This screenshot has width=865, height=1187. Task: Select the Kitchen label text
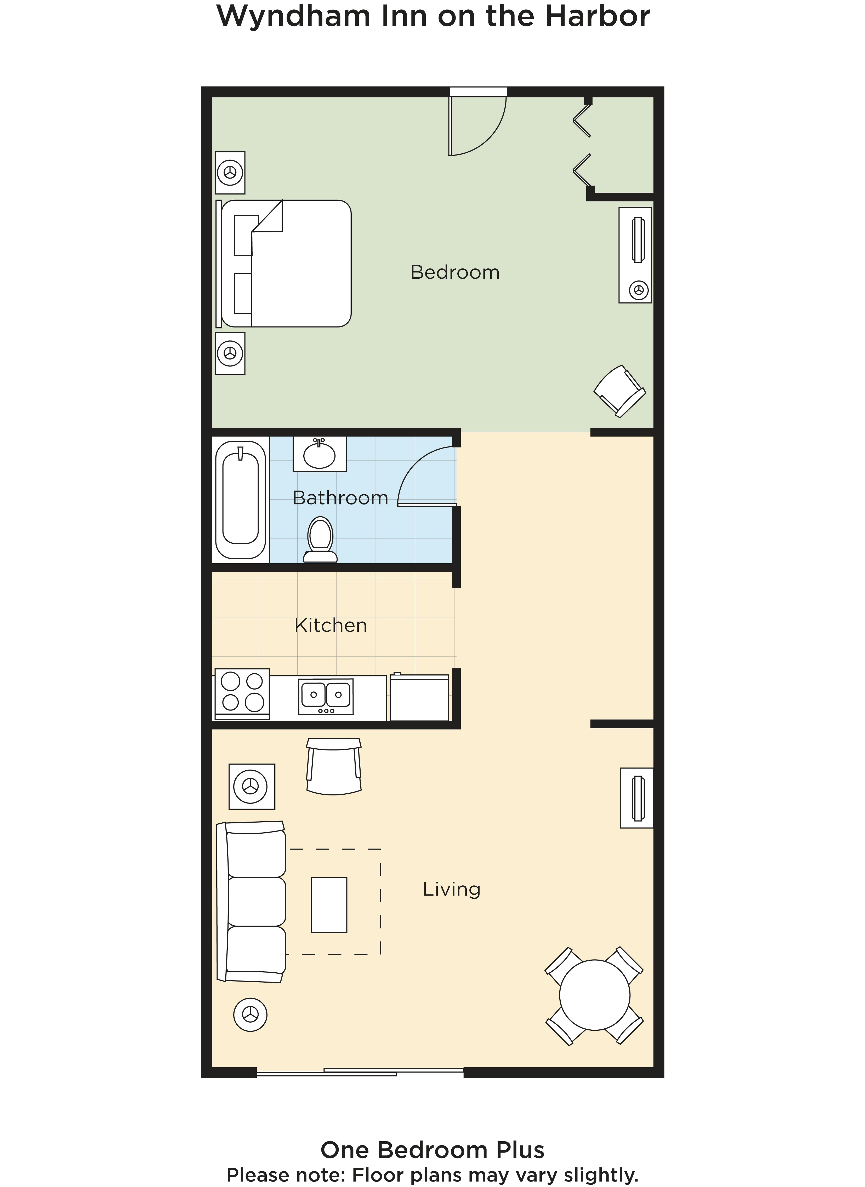point(331,625)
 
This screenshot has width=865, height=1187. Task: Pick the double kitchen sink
point(326,696)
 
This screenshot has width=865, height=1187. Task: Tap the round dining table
point(594,995)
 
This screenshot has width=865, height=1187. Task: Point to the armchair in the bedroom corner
point(619,391)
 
